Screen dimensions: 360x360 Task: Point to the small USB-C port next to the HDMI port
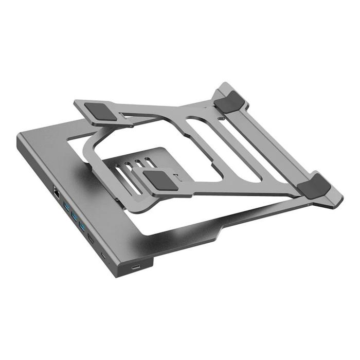tap(104, 255)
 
